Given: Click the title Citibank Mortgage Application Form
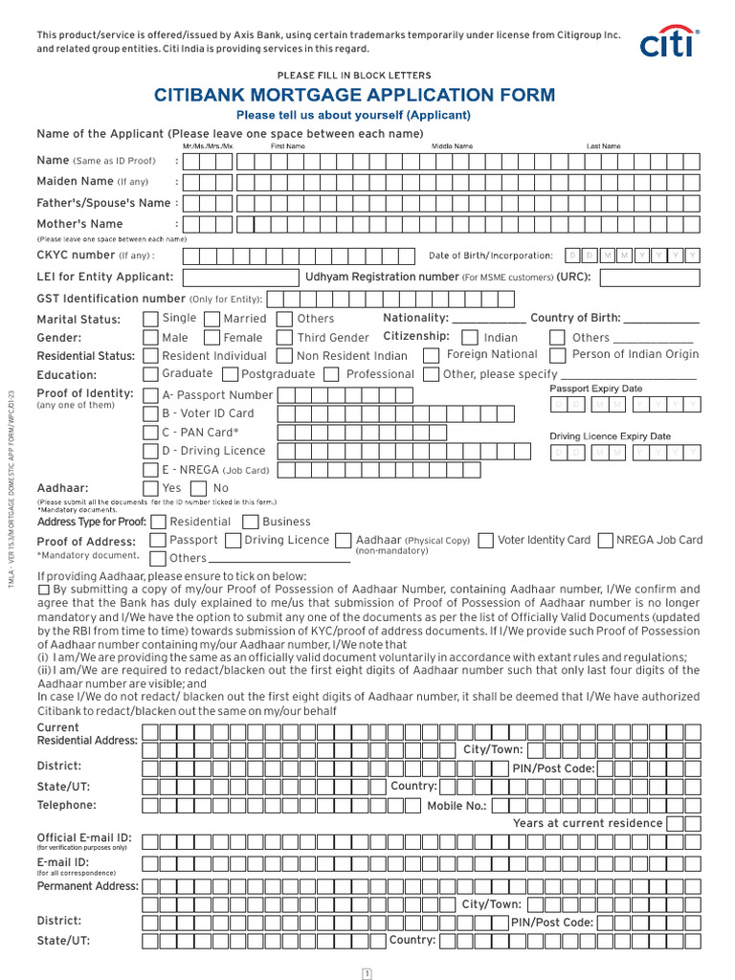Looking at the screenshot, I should click(355, 95).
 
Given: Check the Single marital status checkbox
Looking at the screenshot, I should click(151, 319).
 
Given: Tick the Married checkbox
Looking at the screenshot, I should click(212, 319).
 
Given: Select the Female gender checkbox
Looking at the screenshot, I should click(212, 338).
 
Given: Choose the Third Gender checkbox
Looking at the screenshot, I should click(284, 338).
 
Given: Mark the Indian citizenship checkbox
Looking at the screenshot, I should click(470, 338).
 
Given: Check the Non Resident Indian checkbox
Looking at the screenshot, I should click(284, 356).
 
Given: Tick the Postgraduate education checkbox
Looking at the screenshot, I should click(230, 374).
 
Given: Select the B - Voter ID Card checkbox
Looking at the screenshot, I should click(151, 413).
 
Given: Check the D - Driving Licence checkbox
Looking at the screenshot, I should click(151, 451).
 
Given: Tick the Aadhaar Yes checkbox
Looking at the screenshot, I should click(151, 488).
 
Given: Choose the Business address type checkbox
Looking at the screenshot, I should click(251, 522).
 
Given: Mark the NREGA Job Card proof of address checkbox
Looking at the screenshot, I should click(605, 541).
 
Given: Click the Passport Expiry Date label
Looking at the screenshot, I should click(595, 389).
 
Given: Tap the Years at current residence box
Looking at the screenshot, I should click(676, 823).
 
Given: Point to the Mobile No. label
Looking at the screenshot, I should click(457, 806).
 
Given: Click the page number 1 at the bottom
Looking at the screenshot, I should click(367, 973).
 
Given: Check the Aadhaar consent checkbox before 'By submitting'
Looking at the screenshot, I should click(43, 590).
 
